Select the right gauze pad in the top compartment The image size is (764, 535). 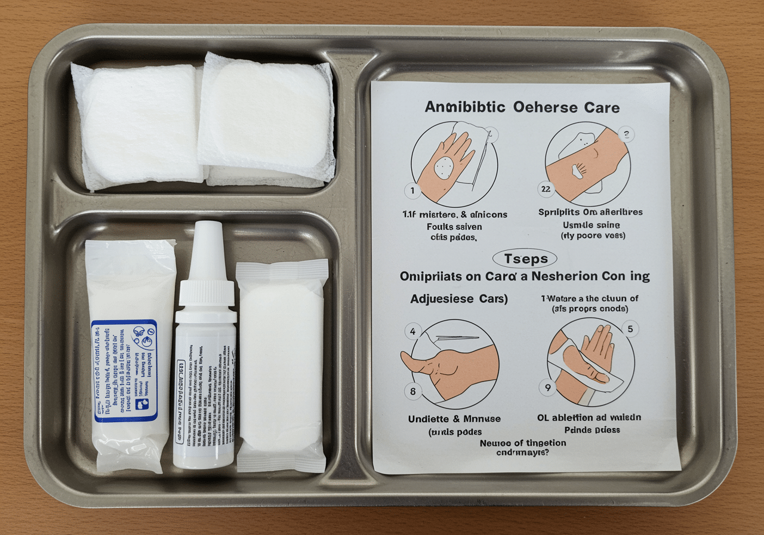point(266,119)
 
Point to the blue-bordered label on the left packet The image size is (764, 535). point(124,370)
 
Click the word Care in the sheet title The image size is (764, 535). point(599,107)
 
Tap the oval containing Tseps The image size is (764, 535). point(525,259)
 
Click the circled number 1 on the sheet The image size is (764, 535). point(412,191)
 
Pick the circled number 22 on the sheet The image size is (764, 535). point(547,190)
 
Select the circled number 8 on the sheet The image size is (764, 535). point(412,391)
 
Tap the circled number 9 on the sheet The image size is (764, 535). point(547,388)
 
